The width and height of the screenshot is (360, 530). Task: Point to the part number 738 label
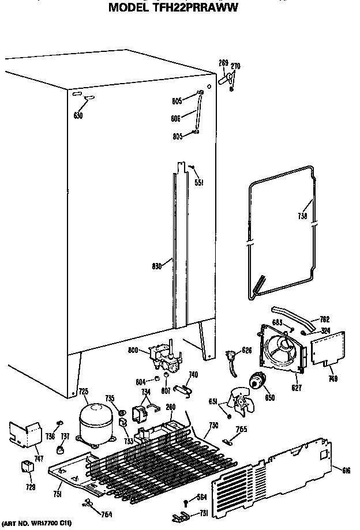(302, 217)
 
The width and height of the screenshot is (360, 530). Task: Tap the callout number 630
(78, 115)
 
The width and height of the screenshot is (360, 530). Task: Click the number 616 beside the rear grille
(346, 471)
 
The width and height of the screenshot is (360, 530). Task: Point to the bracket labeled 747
(27, 434)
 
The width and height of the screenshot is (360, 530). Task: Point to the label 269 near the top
(223, 63)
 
